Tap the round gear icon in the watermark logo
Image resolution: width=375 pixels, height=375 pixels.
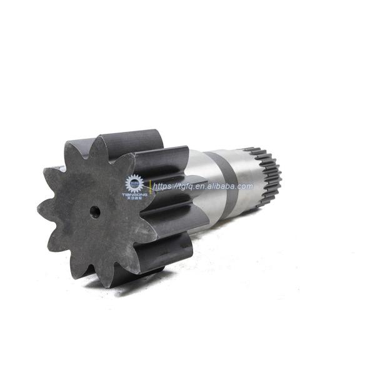[x=134, y=183]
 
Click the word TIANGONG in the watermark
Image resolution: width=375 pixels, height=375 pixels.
[x=134, y=194]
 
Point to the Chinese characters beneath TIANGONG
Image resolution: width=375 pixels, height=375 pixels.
[x=134, y=199]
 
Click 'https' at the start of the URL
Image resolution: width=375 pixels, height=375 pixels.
[x=164, y=186]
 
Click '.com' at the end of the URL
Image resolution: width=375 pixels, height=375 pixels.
[x=244, y=186]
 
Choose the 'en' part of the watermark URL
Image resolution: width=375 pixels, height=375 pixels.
[x=203, y=186]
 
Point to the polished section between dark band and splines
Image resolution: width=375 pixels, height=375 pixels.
[x=250, y=172]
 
